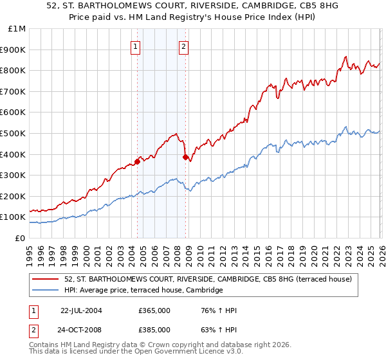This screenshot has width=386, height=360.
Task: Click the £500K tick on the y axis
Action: click(13, 133)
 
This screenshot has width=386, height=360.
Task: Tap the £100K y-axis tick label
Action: click(13, 217)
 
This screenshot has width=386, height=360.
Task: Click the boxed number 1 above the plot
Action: click(136, 46)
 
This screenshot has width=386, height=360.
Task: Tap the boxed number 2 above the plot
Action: click(184, 46)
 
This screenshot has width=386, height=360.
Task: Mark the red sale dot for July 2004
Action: click(138, 161)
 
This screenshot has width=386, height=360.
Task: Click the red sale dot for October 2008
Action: click(186, 157)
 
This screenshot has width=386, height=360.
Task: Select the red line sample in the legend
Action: click(46, 279)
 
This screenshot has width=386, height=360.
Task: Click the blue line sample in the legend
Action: click(46, 291)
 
